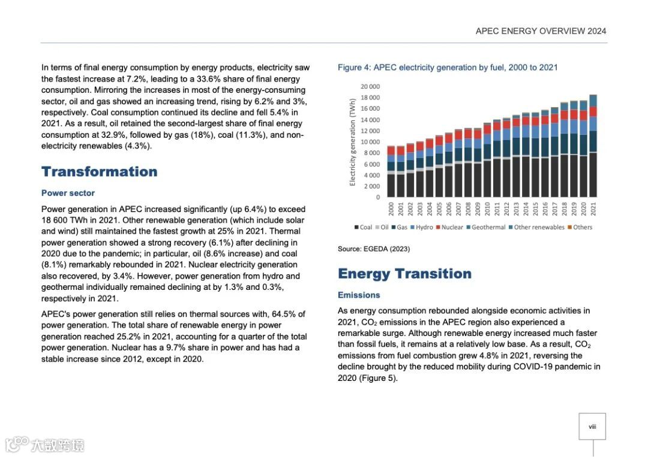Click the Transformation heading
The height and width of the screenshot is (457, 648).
tap(99, 172)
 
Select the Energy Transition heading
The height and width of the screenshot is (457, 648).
tap(404, 274)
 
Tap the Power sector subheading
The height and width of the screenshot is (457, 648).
tap(68, 193)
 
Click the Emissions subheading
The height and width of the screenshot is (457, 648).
tap(359, 295)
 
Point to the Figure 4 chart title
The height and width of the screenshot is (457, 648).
tap(448, 67)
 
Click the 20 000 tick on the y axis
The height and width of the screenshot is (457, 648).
tap(370, 86)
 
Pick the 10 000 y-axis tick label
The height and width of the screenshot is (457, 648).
tap(370, 142)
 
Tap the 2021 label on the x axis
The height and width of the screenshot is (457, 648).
tap(593, 209)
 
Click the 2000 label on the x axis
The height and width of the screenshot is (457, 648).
tap(391, 209)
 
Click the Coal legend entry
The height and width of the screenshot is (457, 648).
tap(364, 227)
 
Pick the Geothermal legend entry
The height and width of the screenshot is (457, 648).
tap(485, 227)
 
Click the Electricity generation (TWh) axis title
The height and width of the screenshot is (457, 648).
tap(353, 143)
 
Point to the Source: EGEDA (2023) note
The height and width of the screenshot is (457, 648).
tap(374, 249)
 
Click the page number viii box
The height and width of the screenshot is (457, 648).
tap(592, 426)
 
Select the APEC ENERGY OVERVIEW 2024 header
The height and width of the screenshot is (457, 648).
tap(541, 31)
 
